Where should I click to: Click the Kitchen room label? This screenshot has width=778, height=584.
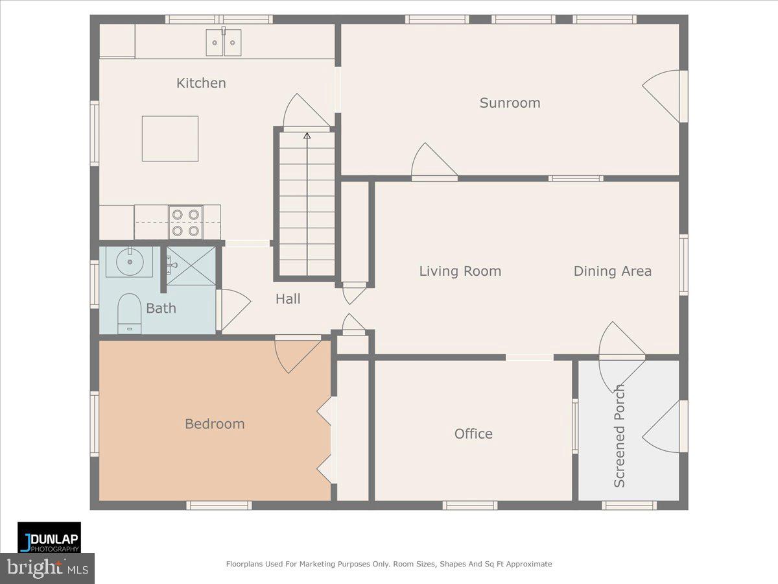click(x=201, y=83)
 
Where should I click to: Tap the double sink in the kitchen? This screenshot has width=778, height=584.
click(x=224, y=43)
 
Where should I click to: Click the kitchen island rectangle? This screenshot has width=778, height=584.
click(x=170, y=138)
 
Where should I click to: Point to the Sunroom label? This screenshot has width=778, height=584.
click(x=510, y=103)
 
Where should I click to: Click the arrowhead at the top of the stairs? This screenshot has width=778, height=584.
click(x=307, y=136)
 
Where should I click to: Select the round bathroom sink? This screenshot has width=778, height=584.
click(x=129, y=262)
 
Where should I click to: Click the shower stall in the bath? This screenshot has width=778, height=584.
click(x=191, y=265)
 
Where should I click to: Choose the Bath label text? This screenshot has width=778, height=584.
click(x=161, y=308)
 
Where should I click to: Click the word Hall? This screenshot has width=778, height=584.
click(x=288, y=298)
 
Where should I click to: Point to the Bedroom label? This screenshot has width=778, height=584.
click(x=215, y=424)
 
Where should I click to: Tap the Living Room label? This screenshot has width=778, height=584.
click(x=460, y=271)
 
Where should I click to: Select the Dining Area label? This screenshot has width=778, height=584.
click(x=612, y=271)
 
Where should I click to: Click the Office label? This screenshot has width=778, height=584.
click(x=473, y=433)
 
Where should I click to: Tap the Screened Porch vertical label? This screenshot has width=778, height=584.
click(x=620, y=436)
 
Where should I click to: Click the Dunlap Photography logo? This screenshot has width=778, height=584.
click(x=49, y=537)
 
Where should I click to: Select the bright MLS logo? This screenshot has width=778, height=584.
click(x=47, y=568)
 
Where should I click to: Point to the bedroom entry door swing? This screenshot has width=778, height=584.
click(x=296, y=354)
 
